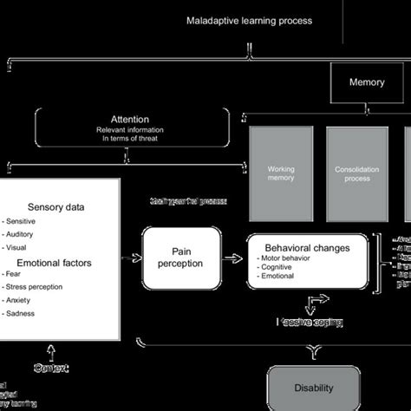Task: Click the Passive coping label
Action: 309,322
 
